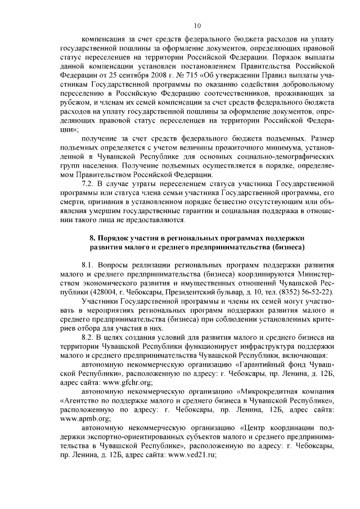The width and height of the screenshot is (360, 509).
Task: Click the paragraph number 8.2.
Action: click(x=89, y=337)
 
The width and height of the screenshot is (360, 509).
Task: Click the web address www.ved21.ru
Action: click(x=192, y=456)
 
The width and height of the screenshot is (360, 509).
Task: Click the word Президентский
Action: click(x=181, y=292)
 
